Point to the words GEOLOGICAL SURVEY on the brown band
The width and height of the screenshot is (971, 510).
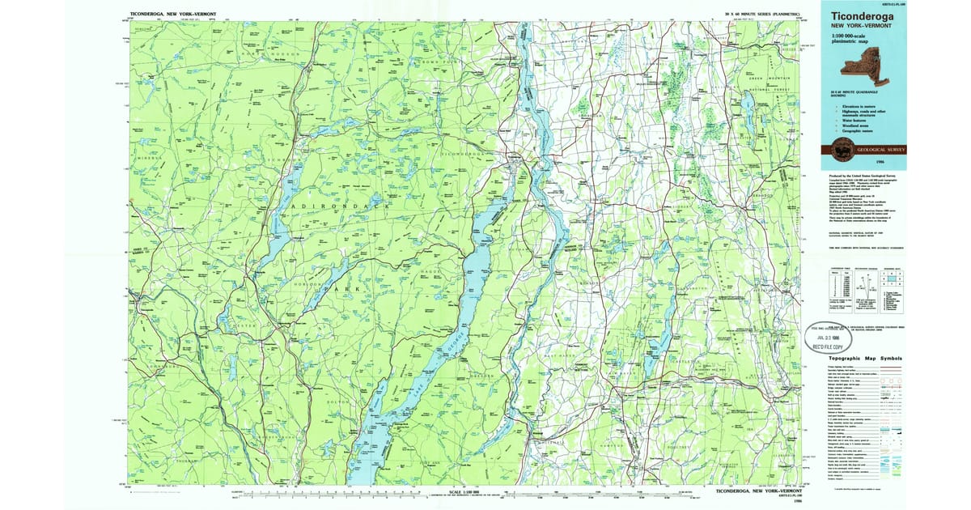coord(880,149)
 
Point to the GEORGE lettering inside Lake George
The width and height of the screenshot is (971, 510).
coord(453,339)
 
